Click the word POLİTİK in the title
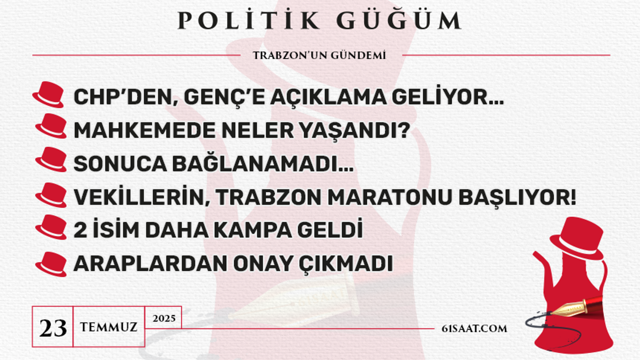248,20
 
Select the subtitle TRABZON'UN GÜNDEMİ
319,55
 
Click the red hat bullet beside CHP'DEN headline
48,94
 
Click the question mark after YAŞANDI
404,130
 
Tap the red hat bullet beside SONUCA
51,159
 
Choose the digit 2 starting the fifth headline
80,230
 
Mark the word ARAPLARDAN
150,263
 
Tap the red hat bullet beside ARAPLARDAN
51,264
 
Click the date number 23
53,327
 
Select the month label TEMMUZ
108,327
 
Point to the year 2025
163,318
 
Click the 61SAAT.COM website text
474,328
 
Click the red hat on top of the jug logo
577,237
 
